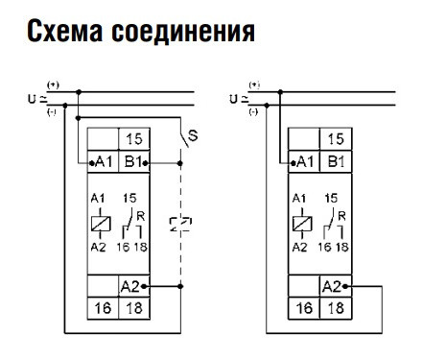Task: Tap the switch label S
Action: tap(193, 137)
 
